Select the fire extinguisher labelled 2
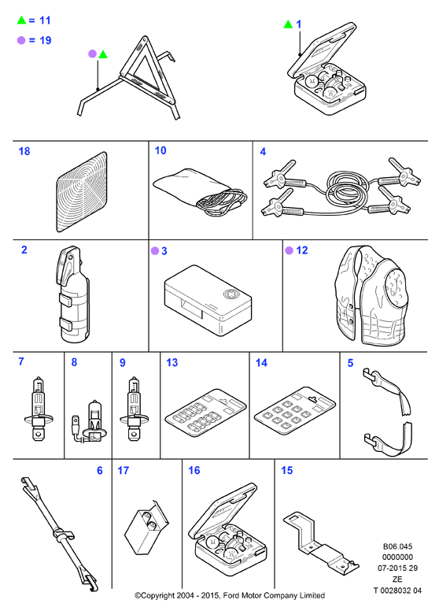(x=73, y=294)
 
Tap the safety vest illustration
(x=371, y=295)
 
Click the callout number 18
(x=24, y=151)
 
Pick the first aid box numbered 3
(x=208, y=300)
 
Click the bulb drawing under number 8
(x=88, y=422)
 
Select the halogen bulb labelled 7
(x=38, y=409)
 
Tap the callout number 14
(x=261, y=363)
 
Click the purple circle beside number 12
(x=290, y=250)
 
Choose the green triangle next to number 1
(x=288, y=24)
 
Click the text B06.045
(x=397, y=546)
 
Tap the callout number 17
(x=123, y=471)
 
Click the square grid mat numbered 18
(x=81, y=192)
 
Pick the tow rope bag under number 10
(x=200, y=191)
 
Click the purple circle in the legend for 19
(x=21, y=40)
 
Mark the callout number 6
(x=100, y=471)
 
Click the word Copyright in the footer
(x=159, y=596)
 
